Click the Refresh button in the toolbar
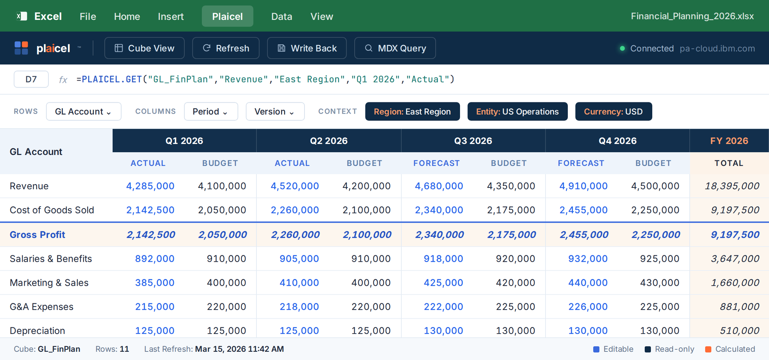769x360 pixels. [226, 48]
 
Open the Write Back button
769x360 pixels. [307, 48]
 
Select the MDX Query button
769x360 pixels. [395, 48]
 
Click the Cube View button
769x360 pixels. [144, 48]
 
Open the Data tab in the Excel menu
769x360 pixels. [282, 16]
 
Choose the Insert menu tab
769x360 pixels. [171, 16]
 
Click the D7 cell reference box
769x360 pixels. [31, 79]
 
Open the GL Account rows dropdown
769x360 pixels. [83, 111]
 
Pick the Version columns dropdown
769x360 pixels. [275, 111]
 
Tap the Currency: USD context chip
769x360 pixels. [613, 111]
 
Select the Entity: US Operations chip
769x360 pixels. [517, 111]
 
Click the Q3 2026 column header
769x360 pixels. [473, 141]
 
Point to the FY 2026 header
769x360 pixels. [729, 141]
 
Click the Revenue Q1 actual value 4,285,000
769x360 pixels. [150, 186]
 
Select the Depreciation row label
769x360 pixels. [37, 330]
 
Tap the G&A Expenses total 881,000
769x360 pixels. [739, 306]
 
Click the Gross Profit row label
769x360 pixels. [37, 235]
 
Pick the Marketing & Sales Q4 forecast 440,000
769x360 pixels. [588, 282]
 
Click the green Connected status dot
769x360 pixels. [622, 48]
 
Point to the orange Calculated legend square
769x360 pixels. [708, 349]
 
